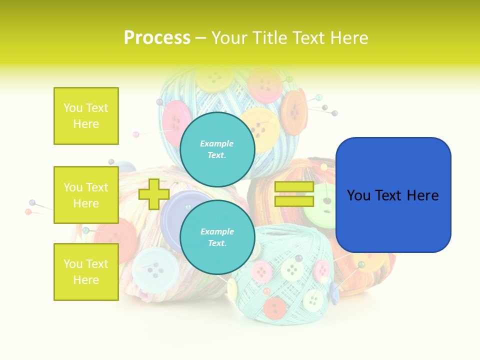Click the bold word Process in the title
pos(156,37)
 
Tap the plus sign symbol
pos(153,194)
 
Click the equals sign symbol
pos(294,194)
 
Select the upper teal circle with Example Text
pos(217,149)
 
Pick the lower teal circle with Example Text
pos(217,237)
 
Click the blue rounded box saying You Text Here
pos(393,195)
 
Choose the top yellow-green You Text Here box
pos(86,116)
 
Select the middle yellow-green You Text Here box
pos(86,195)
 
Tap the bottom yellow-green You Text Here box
pos(86,272)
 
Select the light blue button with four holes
pos(156,270)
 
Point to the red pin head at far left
pos(28,212)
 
